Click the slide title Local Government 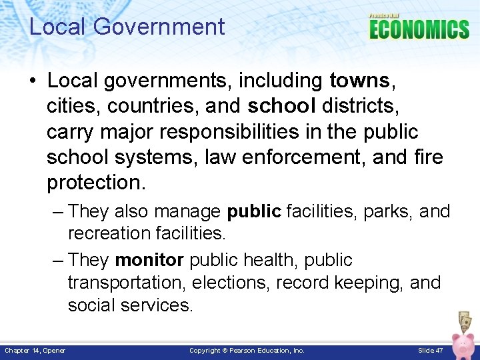click(127, 27)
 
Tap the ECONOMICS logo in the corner click(419, 29)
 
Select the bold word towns click(359, 81)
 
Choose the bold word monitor click(149, 260)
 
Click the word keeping click(369, 283)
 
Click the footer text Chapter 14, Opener click(35, 350)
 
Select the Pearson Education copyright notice click(247, 350)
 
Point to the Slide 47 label click(430, 350)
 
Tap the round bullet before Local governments click(33, 81)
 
